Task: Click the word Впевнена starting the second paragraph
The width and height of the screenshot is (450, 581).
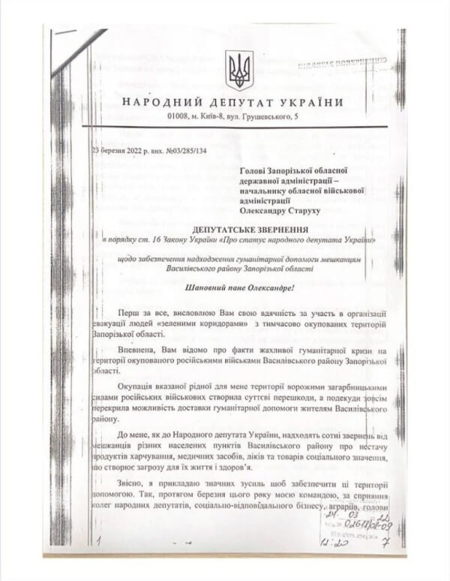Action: (x=136, y=349)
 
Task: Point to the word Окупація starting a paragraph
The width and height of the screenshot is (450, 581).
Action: (x=138, y=385)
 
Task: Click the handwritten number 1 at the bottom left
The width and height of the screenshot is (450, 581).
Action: (x=98, y=537)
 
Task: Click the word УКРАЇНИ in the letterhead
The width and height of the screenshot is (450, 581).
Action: (x=314, y=103)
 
